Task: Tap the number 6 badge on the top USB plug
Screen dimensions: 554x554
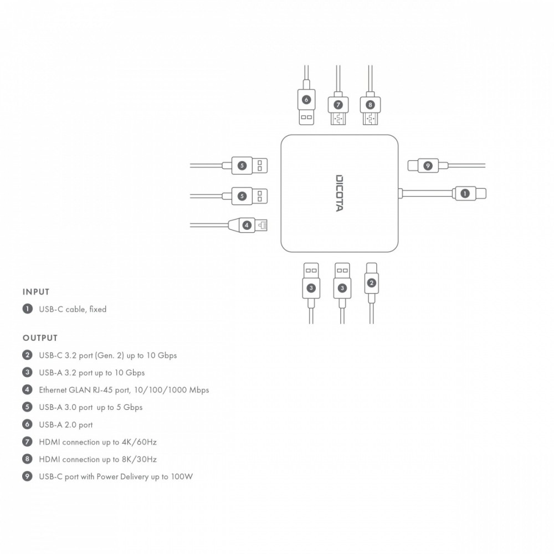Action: [x=306, y=100]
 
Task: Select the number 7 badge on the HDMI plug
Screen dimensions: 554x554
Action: [x=338, y=104]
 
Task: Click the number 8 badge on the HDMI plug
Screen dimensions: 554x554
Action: [x=370, y=104]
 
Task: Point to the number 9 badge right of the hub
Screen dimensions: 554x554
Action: [x=427, y=165]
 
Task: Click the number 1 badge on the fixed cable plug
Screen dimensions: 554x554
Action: [x=464, y=193]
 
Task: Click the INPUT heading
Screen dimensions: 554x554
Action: [x=36, y=292]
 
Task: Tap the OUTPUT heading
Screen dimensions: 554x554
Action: [x=40, y=337]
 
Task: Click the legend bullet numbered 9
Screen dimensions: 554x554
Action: [x=27, y=476]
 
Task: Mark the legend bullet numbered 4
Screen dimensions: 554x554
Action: [x=27, y=389]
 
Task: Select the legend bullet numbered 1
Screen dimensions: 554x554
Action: [x=27, y=309]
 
